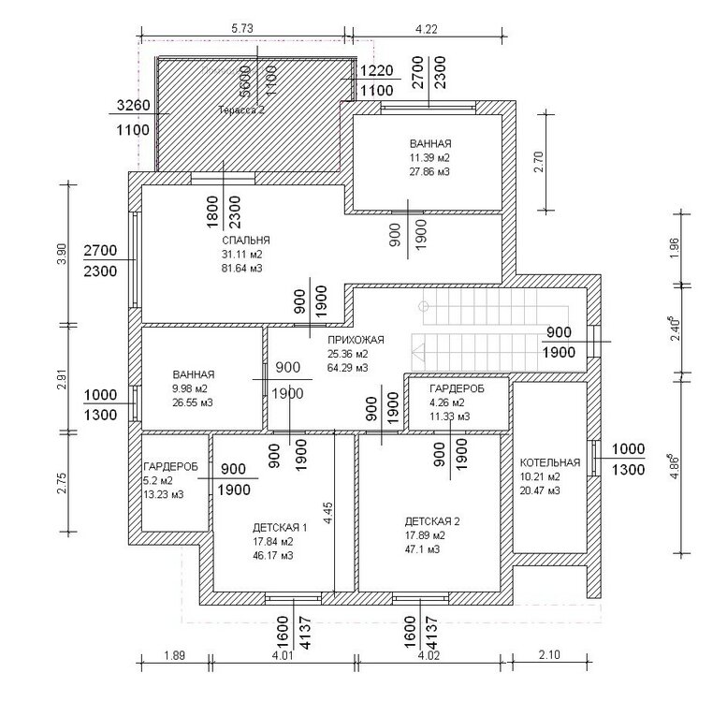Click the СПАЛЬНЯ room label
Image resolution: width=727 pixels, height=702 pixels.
pyautogui.click(x=246, y=241)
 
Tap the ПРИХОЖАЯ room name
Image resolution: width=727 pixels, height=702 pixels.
pyautogui.click(x=356, y=340)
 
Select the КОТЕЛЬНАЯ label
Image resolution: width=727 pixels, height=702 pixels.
pyautogui.click(x=550, y=462)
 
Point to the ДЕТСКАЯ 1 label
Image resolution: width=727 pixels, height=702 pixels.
pyautogui.click(x=280, y=527)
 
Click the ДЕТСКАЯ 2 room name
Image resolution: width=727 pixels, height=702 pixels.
pyautogui.click(x=432, y=521)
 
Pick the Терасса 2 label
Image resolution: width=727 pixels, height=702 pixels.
pyautogui.click(x=241, y=110)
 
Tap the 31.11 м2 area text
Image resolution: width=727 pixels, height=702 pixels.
pyautogui.click(x=242, y=254)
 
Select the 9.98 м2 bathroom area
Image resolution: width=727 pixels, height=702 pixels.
pyautogui.click(x=190, y=388)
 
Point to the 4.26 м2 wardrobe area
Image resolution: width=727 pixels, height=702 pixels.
pyautogui.click(x=447, y=402)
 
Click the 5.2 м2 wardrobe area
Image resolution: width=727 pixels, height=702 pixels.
pyautogui.click(x=158, y=481)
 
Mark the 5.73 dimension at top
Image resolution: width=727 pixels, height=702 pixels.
pyautogui.click(x=242, y=29)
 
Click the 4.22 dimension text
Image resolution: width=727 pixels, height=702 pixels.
pyautogui.click(x=426, y=29)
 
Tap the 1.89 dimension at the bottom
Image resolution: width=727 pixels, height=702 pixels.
pyautogui.click(x=174, y=655)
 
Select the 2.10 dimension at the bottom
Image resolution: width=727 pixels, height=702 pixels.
pyautogui.click(x=549, y=654)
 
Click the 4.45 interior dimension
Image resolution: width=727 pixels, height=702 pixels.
pyautogui.click(x=327, y=513)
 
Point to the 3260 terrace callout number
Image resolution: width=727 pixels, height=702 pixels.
pyautogui.click(x=134, y=105)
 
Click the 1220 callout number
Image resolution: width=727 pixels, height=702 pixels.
pyautogui.click(x=376, y=70)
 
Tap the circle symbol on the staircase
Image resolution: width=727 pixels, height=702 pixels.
pyautogui.click(x=423, y=306)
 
